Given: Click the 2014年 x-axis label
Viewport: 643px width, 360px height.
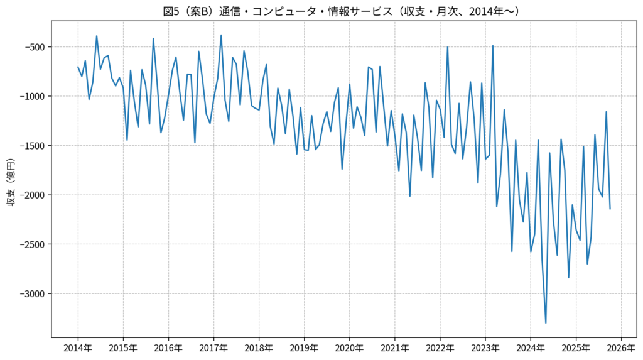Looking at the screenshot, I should click(x=78, y=347).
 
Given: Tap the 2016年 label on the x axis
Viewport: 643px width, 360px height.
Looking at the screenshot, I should click(x=168, y=347).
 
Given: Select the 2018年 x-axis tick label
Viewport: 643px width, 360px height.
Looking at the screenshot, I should click(x=259, y=347).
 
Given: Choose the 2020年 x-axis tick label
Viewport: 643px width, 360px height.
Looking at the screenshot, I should click(x=349, y=347).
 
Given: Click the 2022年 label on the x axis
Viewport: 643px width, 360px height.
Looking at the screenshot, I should click(x=440, y=347).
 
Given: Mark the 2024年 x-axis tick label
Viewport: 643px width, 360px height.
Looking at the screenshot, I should click(x=531, y=347).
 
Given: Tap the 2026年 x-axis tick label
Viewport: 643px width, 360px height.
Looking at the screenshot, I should click(x=621, y=347).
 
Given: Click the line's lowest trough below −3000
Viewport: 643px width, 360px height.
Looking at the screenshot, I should click(x=546, y=323).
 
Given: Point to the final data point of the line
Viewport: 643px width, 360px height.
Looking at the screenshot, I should click(x=610, y=209).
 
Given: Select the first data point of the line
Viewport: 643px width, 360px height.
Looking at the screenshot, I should click(x=78, y=67).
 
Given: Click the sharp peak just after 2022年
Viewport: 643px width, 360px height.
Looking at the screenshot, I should click(x=448, y=47).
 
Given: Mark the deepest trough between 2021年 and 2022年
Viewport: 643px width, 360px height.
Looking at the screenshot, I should click(x=410, y=196).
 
